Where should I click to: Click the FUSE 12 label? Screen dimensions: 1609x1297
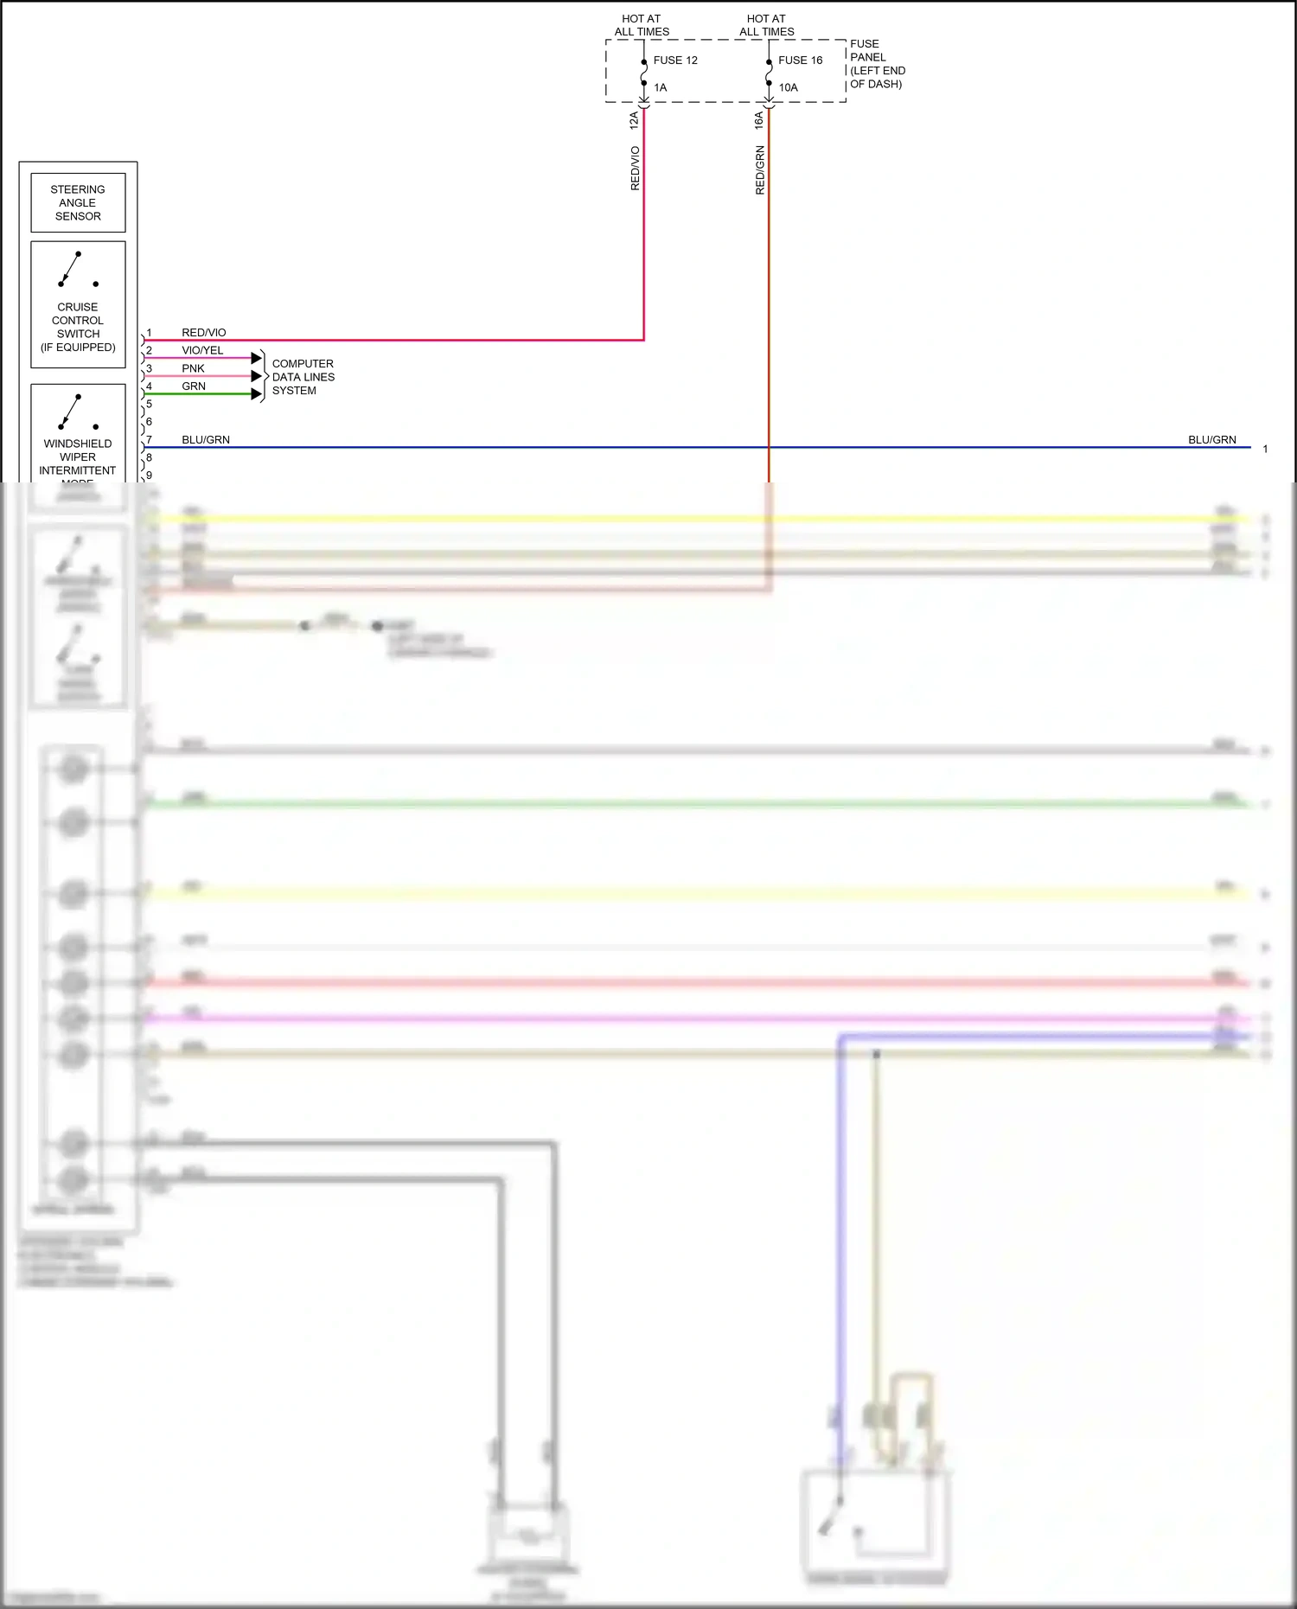(x=674, y=61)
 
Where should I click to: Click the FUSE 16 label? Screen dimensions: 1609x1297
(x=800, y=61)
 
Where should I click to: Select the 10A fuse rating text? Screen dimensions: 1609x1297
(x=788, y=87)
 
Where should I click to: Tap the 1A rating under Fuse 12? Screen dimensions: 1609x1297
(x=660, y=87)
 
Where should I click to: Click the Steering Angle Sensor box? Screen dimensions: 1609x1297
(x=78, y=203)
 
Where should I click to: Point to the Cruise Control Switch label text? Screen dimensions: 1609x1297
(x=78, y=327)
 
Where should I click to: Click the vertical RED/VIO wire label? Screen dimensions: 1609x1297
(x=635, y=168)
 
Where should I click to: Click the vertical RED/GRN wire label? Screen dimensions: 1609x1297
(x=760, y=169)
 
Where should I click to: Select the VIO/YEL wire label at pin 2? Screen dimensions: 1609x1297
(x=202, y=350)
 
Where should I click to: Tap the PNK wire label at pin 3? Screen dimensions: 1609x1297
(x=193, y=368)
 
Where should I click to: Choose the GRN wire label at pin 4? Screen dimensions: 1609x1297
(x=194, y=386)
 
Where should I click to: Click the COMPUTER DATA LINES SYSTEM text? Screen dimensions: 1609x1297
(x=303, y=377)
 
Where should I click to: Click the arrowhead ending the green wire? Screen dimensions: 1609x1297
(x=256, y=394)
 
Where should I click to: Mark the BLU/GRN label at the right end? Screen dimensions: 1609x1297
(x=1211, y=440)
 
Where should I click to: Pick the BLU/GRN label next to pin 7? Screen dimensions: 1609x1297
(x=206, y=440)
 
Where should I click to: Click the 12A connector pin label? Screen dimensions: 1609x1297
(x=634, y=120)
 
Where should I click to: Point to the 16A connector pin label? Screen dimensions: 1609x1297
(x=759, y=120)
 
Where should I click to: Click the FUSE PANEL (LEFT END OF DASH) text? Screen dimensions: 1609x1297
(x=877, y=64)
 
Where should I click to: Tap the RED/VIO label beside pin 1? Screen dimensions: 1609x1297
(x=203, y=333)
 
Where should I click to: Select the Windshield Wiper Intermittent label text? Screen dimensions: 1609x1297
(x=78, y=457)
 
